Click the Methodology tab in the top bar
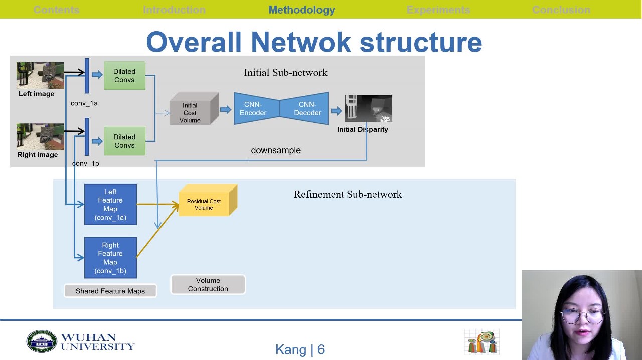pyautogui.click(x=301, y=10)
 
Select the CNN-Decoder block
pyautogui.click(x=305, y=108)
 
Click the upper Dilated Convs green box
pyautogui.click(x=124, y=76)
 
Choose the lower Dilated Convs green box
pyautogui.click(x=124, y=141)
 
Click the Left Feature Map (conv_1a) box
pyautogui.click(x=110, y=204)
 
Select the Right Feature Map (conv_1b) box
pyautogui.click(x=110, y=257)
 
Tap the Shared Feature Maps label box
pyautogui.click(x=110, y=291)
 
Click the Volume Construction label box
pyautogui.click(x=208, y=284)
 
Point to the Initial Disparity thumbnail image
pyautogui.click(x=369, y=108)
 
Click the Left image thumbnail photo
pyautogui.click(x=40, y=75)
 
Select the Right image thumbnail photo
pyautogui.click(x=40, y=136)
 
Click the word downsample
pyautogui.click(x=276, y=150)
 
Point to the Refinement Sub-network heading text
pyautogui.click(x=348, y=194)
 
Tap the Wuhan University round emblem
pyautogui.click(x=42, y=341)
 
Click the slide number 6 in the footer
pyautogui.click(x=321, y=349)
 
